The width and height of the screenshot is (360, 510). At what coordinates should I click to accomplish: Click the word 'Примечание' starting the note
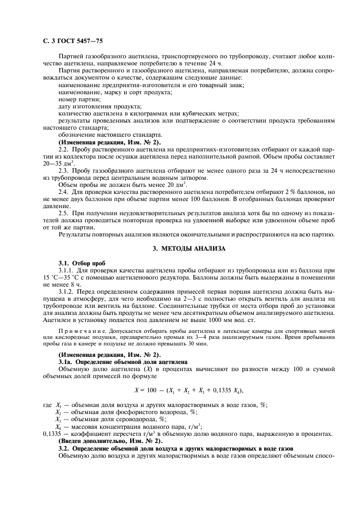click(79, 331)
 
